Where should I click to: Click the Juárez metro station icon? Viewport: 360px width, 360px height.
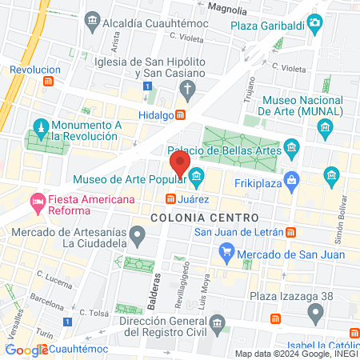point(170,198)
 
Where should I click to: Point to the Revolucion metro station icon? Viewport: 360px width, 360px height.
point(49,81)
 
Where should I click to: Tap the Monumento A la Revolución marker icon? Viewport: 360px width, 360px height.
point(40,127)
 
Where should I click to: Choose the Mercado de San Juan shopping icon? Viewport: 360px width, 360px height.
point(226,255)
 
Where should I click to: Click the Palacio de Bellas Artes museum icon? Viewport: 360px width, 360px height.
point(291,148)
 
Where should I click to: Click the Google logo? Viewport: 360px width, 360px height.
point(26,350)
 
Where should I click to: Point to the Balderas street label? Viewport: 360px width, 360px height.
point(154,286)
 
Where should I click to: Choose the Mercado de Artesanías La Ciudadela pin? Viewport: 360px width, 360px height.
point(138,236)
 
